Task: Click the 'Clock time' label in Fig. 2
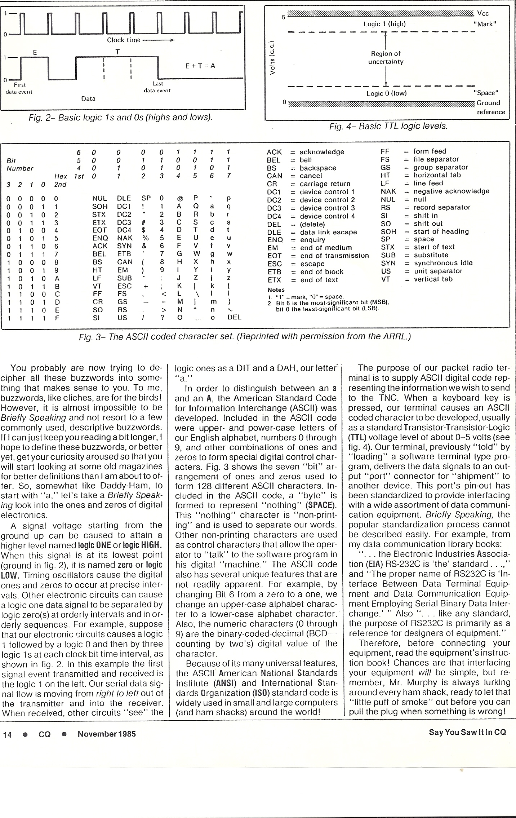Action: click(123, 40)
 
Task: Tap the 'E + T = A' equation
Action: click(200, 66)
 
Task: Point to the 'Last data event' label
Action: click(157, 87)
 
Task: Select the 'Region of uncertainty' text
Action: click(386, 57)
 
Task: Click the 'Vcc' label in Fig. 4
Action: click(483, 14)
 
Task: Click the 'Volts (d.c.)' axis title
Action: click(274, 57)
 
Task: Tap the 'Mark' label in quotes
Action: click(484, 24)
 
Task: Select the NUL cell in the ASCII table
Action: click(99, 198)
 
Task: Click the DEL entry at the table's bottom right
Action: click(234, 317)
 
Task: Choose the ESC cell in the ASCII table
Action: click(125, 286)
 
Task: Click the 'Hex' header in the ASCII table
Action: click(61, 176)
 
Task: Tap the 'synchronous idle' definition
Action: click(443, 263)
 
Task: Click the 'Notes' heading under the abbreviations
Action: click(276, 289)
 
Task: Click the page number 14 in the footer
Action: click(7, 734)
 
